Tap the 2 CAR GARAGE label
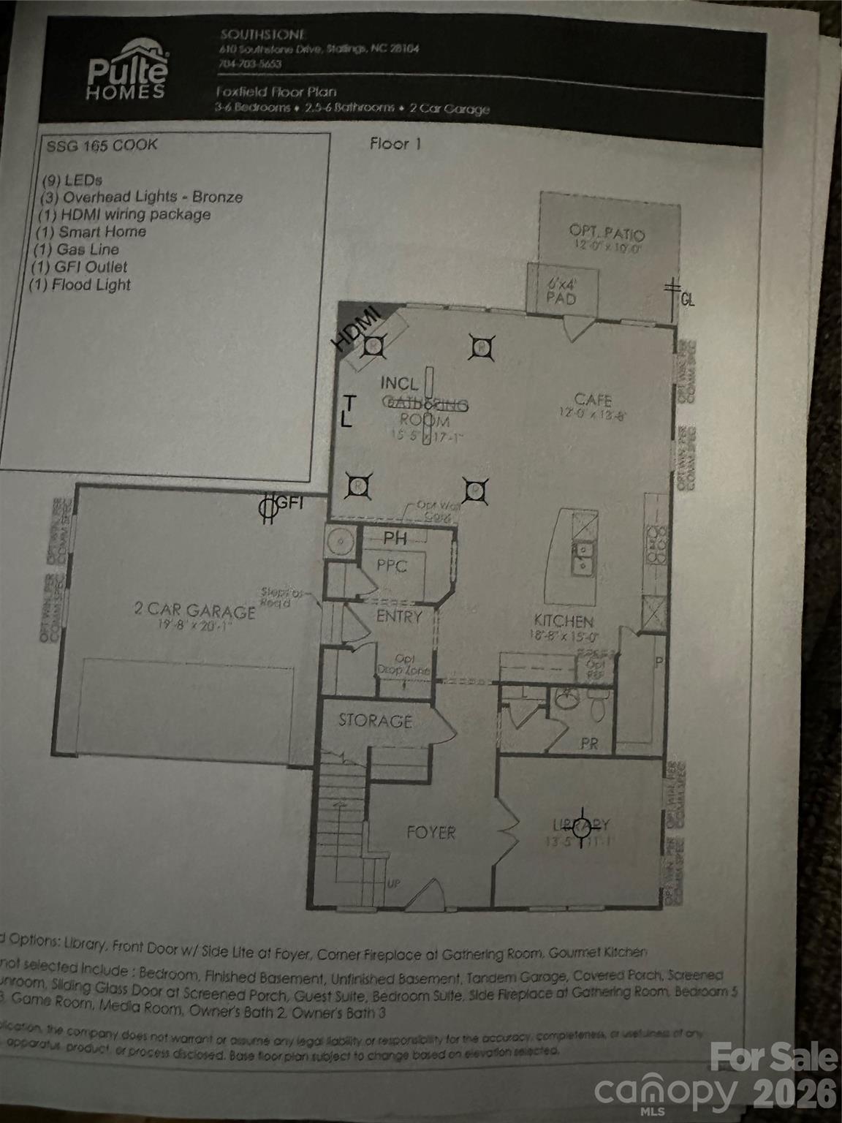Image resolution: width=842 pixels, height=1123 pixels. tap(194, 611)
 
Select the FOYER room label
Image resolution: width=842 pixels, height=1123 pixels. tap(431, 832)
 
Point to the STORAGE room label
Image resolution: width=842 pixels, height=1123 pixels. tap(375, 721)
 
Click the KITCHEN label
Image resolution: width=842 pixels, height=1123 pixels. tap(564, 622)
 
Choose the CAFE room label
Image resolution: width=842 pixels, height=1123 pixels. tap(593, 400)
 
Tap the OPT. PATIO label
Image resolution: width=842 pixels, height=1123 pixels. tap(607, 234)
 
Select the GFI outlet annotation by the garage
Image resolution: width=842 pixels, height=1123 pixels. tap(281, 505)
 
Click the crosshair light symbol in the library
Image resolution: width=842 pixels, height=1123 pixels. tap(582, 828)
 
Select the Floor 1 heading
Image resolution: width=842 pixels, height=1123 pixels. tap(395, 144)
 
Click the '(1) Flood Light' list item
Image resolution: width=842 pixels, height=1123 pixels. tap(81, 285)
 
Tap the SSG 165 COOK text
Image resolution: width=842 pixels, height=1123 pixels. tap(102, 145)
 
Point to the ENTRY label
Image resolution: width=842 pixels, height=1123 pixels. tap(399, 616)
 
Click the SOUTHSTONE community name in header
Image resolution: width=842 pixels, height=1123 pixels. tap(262, 34)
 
